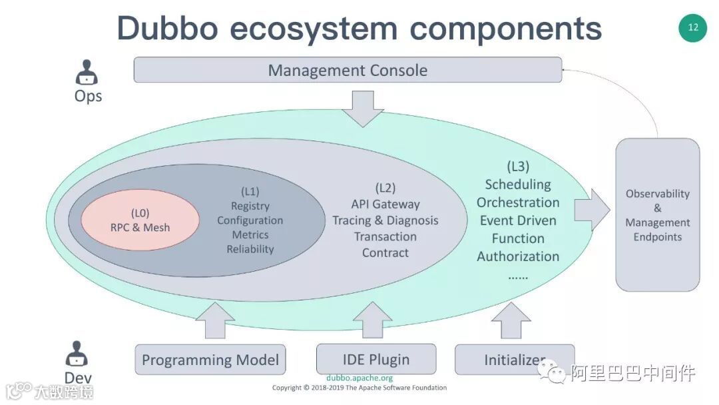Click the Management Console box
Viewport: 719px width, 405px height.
[348, 70]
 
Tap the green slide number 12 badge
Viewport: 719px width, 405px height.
[692, 28]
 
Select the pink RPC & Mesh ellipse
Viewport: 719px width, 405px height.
[140, 220]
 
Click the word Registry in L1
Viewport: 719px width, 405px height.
[250, 206]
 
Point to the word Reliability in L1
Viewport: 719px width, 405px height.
[250, 249]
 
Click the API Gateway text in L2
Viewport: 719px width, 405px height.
[385, 204]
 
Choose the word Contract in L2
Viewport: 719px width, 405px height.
[385, 252]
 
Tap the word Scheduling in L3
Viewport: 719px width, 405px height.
[518, 185]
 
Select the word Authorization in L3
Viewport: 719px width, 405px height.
[518, 256]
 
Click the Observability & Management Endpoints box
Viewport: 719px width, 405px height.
[657, 214]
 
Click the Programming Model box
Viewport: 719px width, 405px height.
[210, 360]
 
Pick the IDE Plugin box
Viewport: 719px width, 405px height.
[376, 359]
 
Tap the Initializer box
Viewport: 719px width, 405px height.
[515, 360]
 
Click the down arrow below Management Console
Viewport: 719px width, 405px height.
[363, 108]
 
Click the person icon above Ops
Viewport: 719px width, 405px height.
[87, 71]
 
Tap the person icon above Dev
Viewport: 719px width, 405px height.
[78, 354]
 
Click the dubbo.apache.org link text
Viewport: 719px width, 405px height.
[359, 378]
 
